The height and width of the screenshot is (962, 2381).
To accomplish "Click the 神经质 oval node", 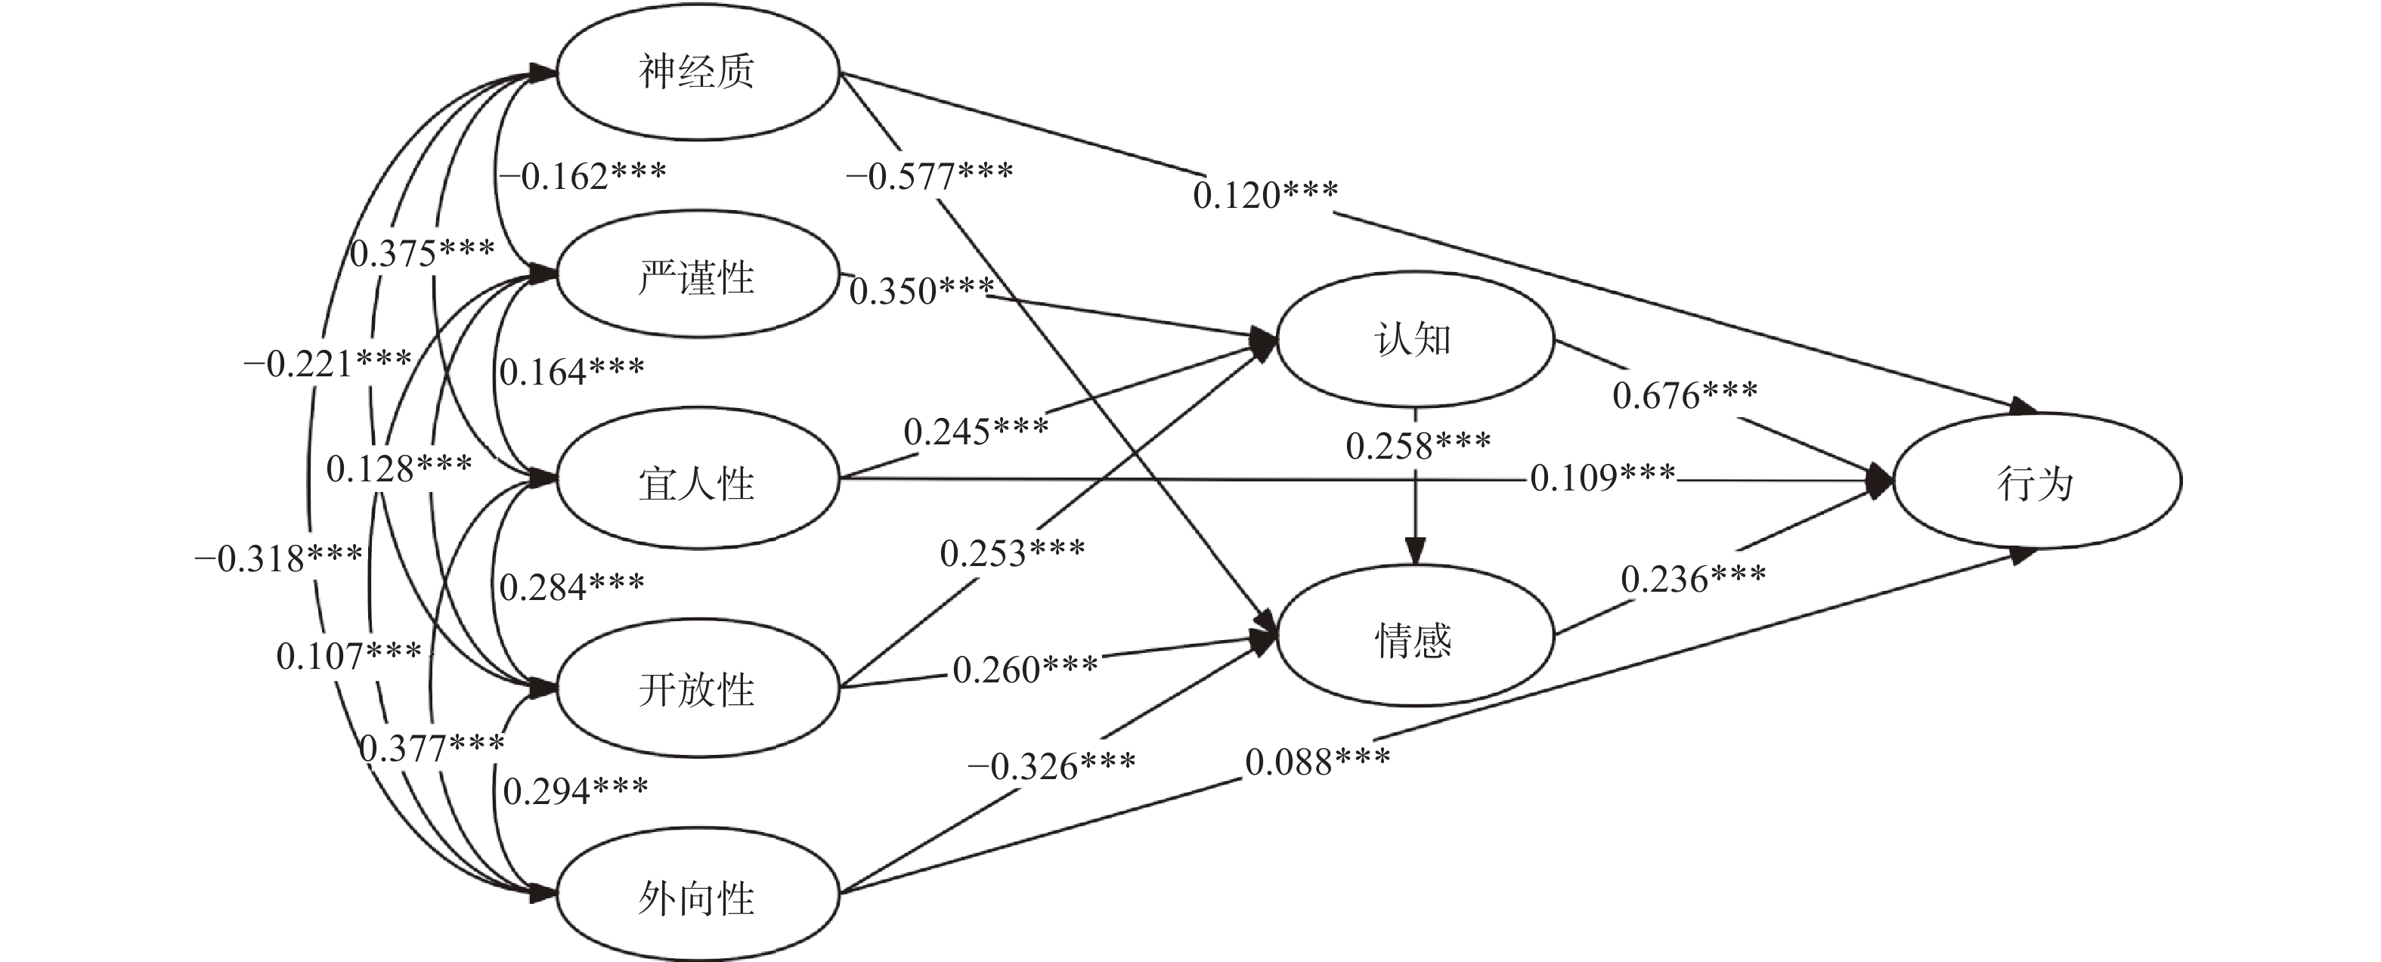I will point(697,72).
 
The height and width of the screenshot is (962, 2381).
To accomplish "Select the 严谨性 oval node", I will point(697,277).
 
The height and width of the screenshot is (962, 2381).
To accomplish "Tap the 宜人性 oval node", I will point(697,482).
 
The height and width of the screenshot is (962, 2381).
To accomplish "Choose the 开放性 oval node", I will point(697,689).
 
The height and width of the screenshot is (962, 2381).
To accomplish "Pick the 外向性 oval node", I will point(697,896).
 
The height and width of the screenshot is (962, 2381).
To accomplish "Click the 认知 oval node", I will point(1414,340).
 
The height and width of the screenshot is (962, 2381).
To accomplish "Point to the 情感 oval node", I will point(1414,639).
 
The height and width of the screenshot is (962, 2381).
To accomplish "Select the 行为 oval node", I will point(2037,482).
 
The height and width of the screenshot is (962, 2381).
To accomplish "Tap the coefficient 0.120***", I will point(1265,194).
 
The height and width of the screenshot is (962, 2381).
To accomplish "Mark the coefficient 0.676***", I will point(1685,395).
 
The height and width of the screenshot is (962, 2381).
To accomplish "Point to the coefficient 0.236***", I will point(1693,580).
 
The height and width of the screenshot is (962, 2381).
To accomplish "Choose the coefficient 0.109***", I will point(1602,478).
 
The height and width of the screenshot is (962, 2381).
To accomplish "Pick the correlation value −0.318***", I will point(278,558).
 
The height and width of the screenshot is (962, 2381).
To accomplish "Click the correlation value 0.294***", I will point(575,790).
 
